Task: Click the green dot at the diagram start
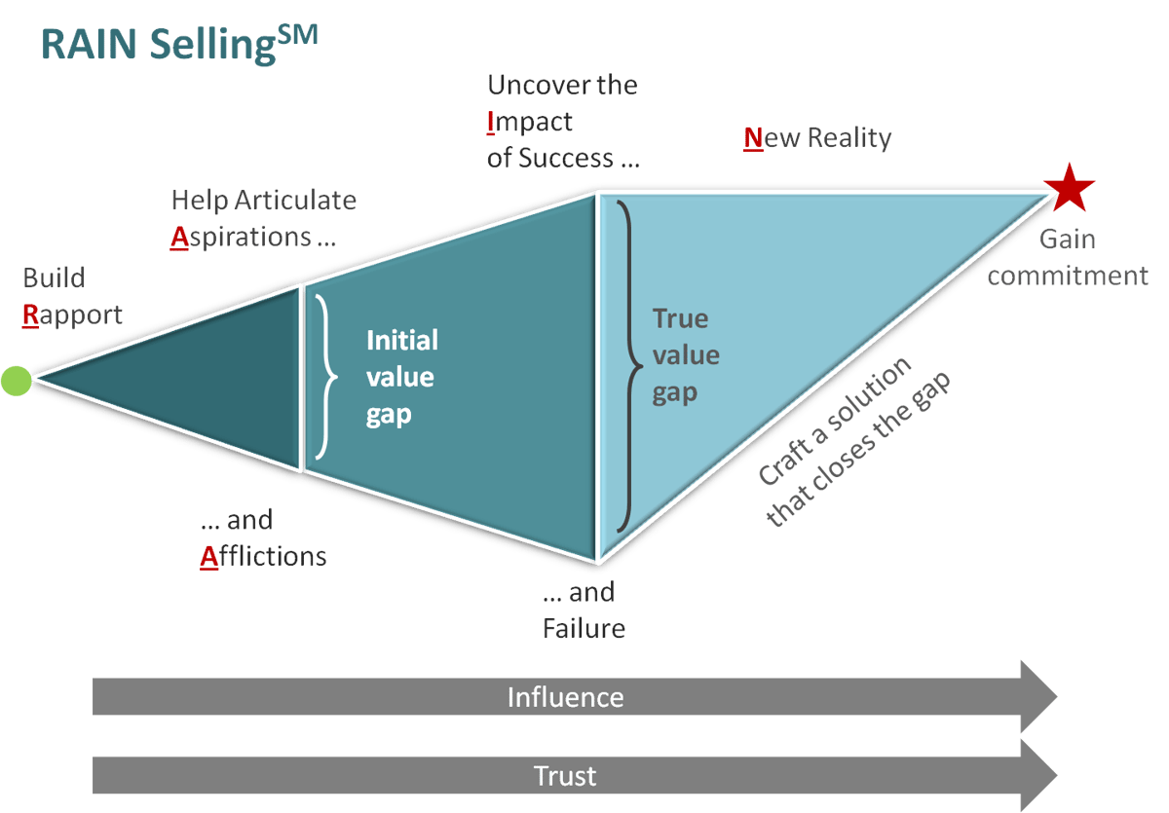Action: tap(16, 380)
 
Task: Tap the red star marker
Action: tap(1069, 187)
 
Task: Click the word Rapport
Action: tap(74, 314)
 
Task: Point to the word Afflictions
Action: tap(263, 556)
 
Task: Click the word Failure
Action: tap(584, 628)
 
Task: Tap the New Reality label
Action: tap(817, 137)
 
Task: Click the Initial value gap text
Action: tap(401, 377)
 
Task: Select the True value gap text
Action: tap(686, 355)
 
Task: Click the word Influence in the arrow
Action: tap(565, 697)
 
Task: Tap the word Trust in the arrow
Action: tap(565, 776)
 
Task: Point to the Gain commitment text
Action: tap(1067, 257)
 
